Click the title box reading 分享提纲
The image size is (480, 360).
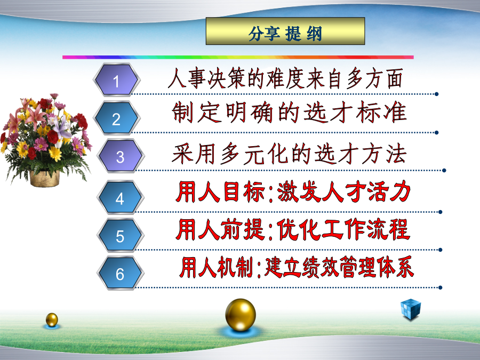coord(285,31)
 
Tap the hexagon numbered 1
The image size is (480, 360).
coord(116,80)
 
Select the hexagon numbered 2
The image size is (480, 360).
coord(116,118)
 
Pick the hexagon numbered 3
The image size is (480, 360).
coord(121,156)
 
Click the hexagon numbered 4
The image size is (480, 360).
coord(121,197)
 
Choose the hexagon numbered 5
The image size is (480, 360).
coord(121,235)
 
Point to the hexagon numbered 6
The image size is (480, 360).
coord(121,273)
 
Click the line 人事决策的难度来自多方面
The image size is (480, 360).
coord(285,79)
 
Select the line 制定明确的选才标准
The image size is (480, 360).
coord(289,113)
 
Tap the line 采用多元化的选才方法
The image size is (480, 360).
coord(289,154)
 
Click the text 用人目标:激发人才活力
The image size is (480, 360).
coord(293,191)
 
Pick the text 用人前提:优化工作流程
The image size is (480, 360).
coord(293,229)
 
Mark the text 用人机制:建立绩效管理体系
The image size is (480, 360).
coord(297,267)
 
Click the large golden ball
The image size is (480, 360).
coord(241,315)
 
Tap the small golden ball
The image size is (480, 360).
coord(52,319)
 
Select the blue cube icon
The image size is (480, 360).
coord(411,309)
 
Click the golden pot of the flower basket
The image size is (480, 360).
coord(45,179)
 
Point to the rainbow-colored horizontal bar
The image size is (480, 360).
coord(238,57)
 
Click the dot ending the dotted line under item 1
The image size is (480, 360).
coord(436,94)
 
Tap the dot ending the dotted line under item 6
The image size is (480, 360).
coord(440,287)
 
